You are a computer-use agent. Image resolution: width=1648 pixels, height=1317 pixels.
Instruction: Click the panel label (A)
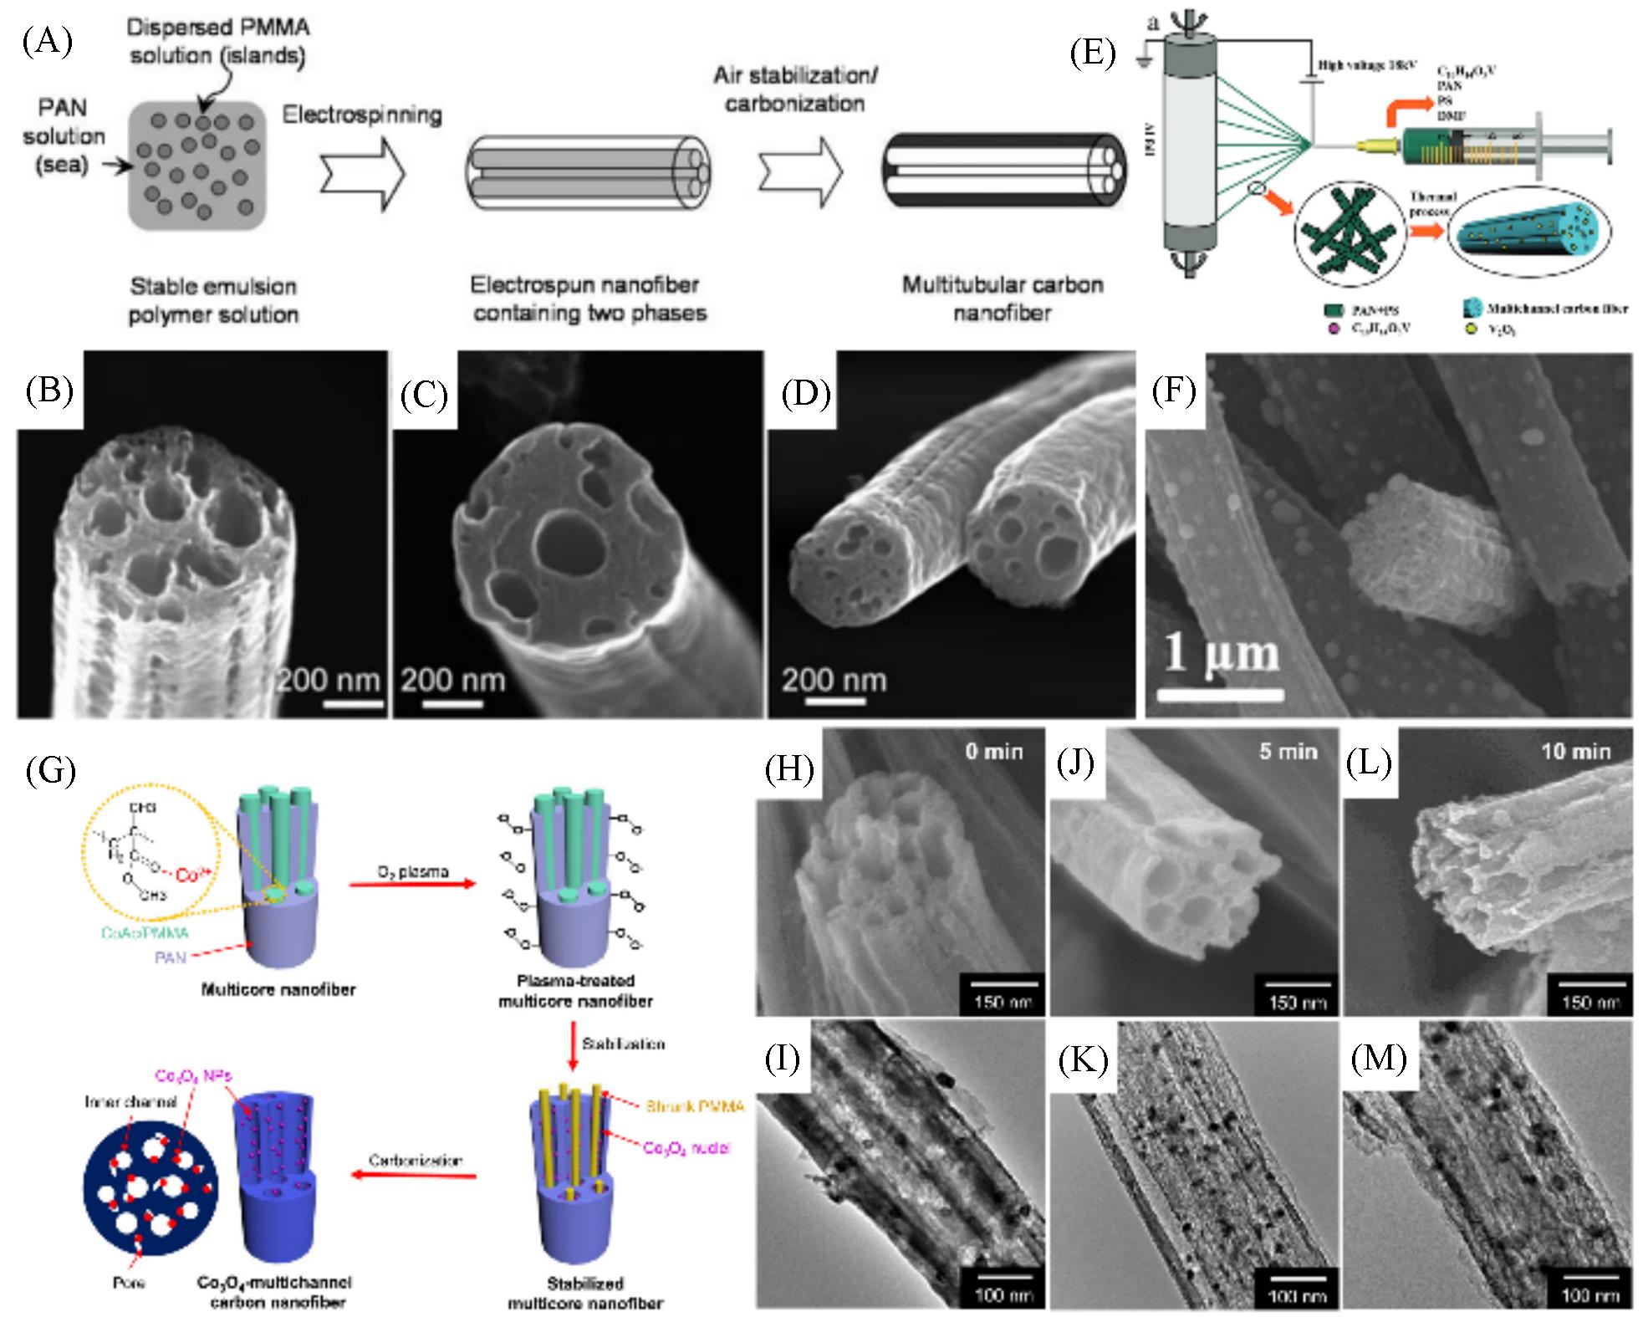[x=47, y=40]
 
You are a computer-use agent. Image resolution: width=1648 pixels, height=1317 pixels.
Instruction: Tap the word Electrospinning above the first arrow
[x=362, y=114]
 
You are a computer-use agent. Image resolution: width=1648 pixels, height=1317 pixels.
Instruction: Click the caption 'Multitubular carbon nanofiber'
[x=1002, y=299]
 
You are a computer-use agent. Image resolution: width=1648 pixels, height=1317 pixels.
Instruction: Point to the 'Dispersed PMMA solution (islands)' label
[x=217, y=41]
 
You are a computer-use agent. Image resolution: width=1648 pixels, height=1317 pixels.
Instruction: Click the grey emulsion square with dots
[x=197, y=165]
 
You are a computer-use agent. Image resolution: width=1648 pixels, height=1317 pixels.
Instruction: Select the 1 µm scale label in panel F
[x=1222, y=655]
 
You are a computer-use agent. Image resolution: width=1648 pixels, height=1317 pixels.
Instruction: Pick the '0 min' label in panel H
[x=993, y=751]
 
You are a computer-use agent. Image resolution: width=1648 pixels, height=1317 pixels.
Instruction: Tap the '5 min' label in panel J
[x=1288, y=751]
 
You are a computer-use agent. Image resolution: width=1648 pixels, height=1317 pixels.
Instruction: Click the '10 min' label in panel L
[x=1575, y=751]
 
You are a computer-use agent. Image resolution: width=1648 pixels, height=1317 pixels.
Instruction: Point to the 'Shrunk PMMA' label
[x=693, y=1106]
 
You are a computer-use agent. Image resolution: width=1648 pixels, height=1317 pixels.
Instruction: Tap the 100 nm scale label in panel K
[x=1296, y=1295]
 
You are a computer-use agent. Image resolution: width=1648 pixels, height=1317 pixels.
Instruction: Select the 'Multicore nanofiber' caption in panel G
[x=278, y=989]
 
